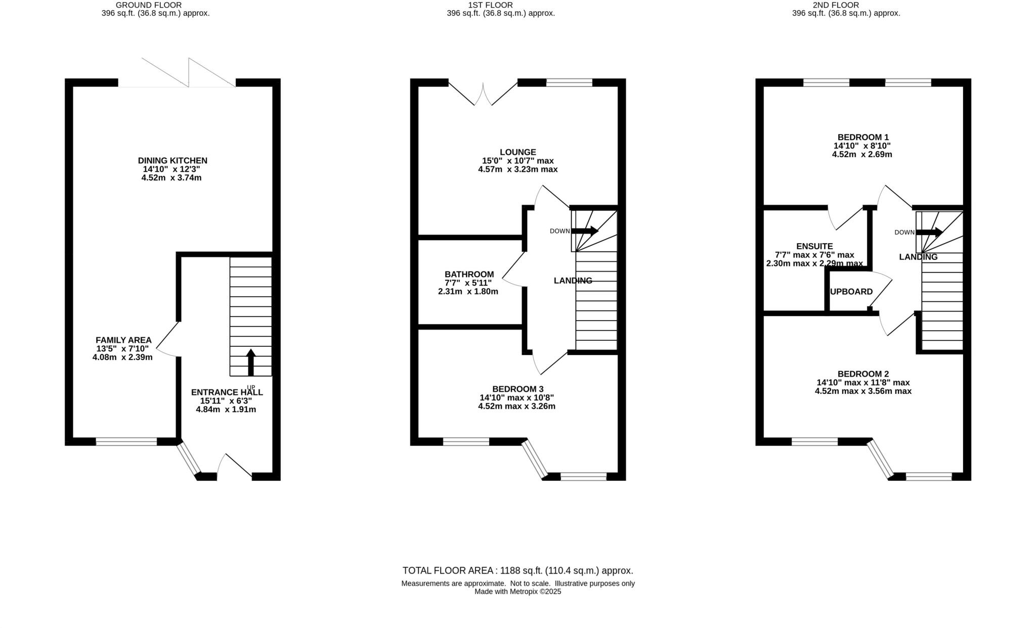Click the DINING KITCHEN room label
pyautogui.click(x=172, y=161)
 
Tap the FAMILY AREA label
pyautogui.click(x=123, y=340)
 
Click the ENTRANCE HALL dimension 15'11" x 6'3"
pyautogui.click(x=226, y=401)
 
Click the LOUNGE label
pyautogui.click(x=517, y=152)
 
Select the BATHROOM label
pyautogui.click(x=469, y=275)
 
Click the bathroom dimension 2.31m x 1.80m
pyautogui.click(x=468, y=292)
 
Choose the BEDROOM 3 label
pyautogui.click(x=517, y=389)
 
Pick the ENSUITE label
pyautogui.click(x=814, y=247)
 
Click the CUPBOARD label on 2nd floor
pyautogui.click(x=851, y=292)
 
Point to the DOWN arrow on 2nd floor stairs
pyautogui.click(x=930, y=233)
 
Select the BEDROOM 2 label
pyautogui.click(x=863, y=374)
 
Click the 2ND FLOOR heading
pyautogui.click(x=846, y=5)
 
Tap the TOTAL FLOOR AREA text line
pyautogui.click(x=517, y=571)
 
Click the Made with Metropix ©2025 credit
pyautogui.click(x=517, y=592)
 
